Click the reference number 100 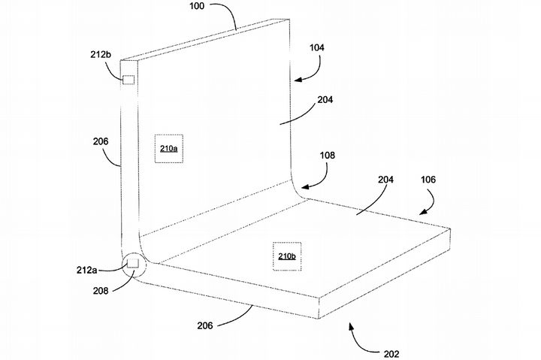tap(197, 6)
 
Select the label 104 tap(317, 47)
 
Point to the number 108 tap(327, 156)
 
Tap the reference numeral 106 tap(428, 180)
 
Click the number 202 tap(391, 354)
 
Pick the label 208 tap(101, 291)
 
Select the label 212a tap(86, 270)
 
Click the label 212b tap(101, 55)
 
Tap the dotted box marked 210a tap(169, 149)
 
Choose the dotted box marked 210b tap(287, 256)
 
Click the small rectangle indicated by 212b tap(128, 80)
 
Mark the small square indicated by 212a tap(133, 263)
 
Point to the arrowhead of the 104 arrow tap(298, 80)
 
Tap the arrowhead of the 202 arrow tap(351, 326)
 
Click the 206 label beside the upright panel tap(101, 141)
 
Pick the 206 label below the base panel tap(205, 325)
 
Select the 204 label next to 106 tap(385, 180)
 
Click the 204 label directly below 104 tap(325, 100)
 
